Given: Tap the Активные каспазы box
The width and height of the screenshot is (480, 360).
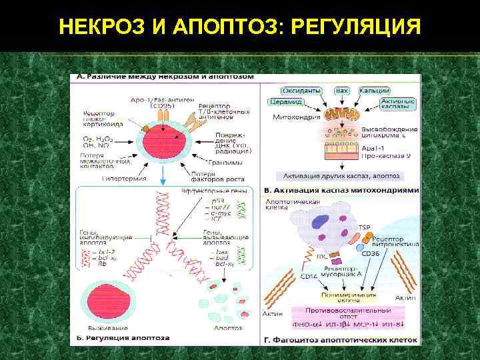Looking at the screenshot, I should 398,103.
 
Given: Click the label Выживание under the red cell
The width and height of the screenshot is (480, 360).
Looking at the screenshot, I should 102,328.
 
